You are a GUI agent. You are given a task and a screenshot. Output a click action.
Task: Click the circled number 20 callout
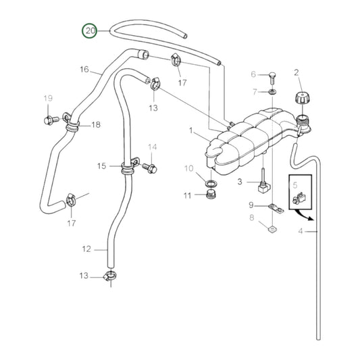pos(91,30)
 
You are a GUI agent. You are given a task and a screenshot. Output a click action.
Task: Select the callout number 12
pos(86,249)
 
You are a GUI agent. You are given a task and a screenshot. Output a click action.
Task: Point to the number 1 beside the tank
pos(190,130)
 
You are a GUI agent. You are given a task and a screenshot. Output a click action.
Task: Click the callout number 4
pos(301,232)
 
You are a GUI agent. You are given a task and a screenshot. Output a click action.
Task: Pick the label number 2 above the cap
pos(296,72)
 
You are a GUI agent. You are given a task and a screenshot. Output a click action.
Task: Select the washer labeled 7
pos(270,91)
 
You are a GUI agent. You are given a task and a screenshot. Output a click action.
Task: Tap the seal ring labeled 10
pos(211,183)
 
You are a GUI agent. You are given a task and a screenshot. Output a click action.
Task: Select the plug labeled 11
pos(211,196)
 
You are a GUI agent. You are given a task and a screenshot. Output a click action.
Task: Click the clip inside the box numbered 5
pos(298,198)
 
